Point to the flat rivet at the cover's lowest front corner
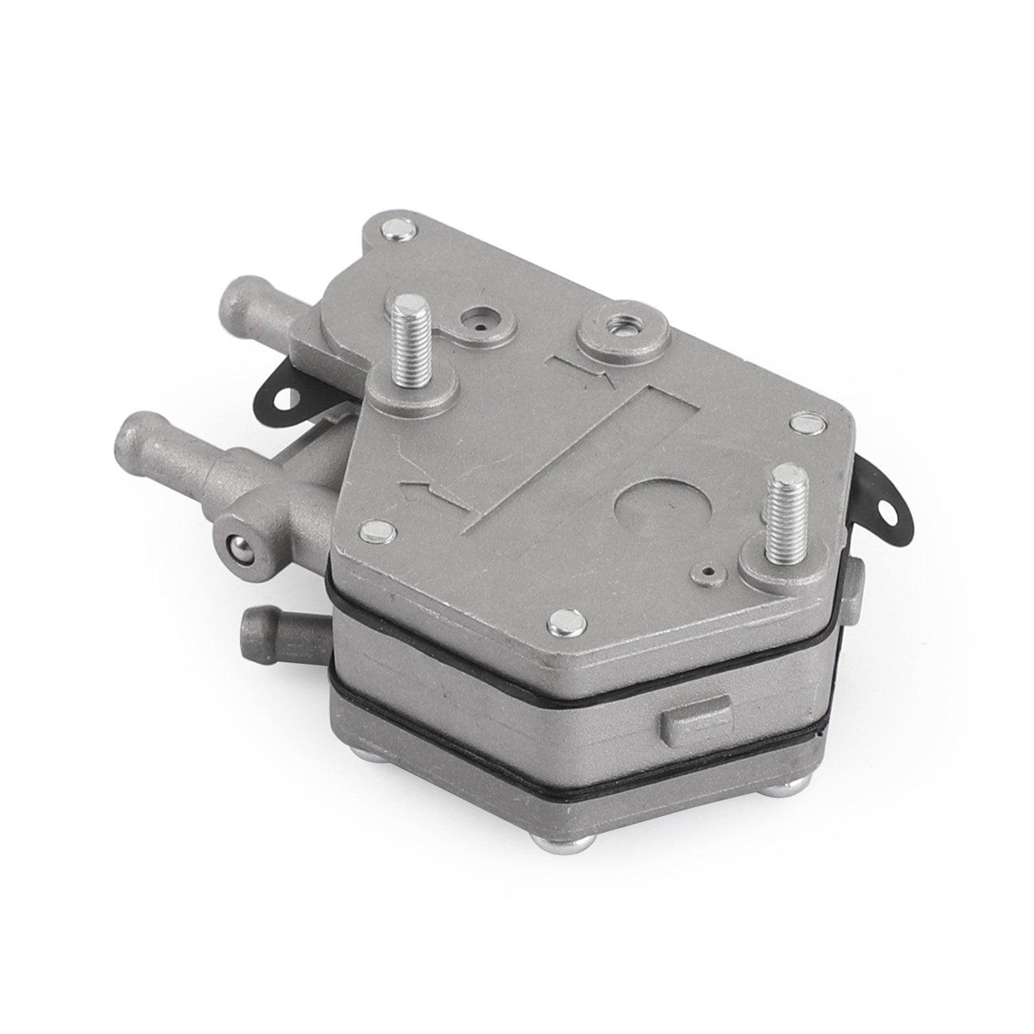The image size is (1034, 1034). pos(561,623)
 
